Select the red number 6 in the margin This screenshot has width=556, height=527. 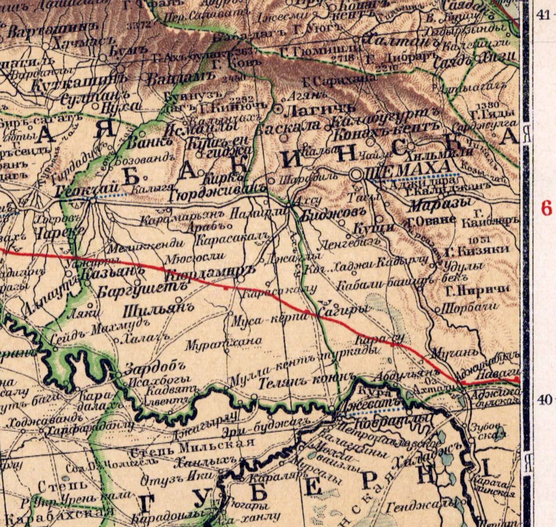tap(546, 209)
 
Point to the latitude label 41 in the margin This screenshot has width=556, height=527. tap(543, 15)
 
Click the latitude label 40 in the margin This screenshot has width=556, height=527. tap(544, 399)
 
